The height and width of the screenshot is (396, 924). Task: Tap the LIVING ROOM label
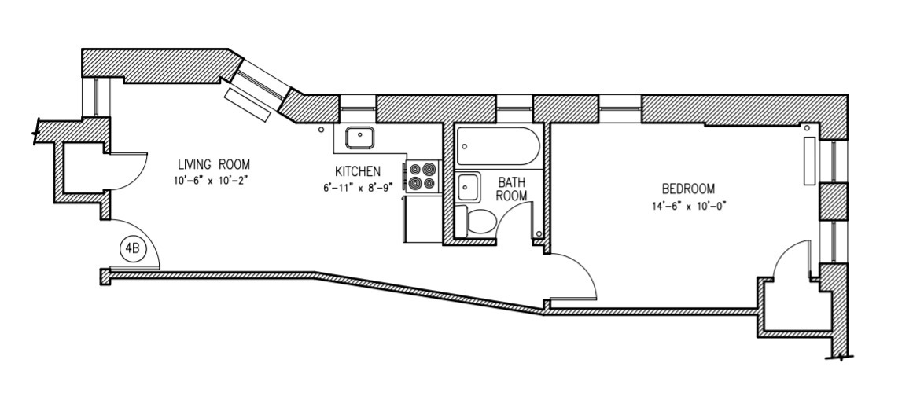[213, 165]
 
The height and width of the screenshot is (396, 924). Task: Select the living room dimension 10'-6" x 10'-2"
[213, 179]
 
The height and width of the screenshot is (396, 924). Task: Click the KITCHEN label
[358, 171]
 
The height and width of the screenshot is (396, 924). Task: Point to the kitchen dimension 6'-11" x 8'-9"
[358, 186]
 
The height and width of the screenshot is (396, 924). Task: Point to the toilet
[479, 222]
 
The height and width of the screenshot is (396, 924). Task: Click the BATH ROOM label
[511, 189]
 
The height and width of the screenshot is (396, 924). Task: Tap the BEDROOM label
[688, 189]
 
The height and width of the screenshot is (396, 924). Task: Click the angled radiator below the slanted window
[248, 104]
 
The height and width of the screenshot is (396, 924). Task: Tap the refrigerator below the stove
[419, 219]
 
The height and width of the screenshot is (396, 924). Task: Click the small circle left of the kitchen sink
[321, 130]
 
